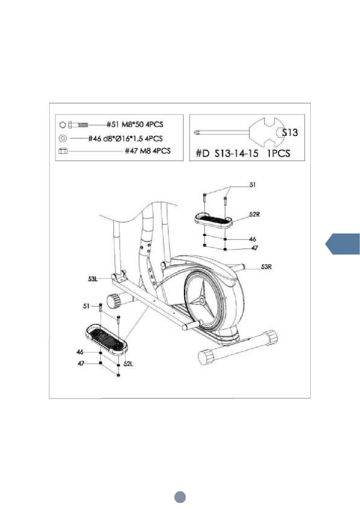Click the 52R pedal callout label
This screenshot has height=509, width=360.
pos(254,214)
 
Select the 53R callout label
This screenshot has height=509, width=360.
pos(266,267)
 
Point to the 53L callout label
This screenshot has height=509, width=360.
pos(93,279)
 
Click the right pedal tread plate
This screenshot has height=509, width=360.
pos(214,219)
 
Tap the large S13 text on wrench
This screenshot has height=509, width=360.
pos(290,132)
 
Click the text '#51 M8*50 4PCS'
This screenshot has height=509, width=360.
pos(135,125)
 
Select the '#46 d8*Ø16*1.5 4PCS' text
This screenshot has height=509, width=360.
pos(125,138)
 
